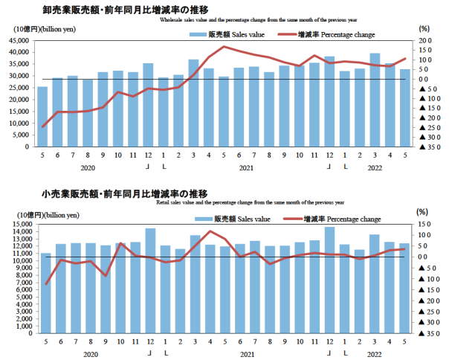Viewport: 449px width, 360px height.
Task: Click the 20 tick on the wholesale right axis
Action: tap(424, 40)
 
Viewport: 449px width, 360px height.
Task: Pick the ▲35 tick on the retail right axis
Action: tap(424, 333)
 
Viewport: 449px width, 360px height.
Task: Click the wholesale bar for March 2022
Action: tap(375, 100)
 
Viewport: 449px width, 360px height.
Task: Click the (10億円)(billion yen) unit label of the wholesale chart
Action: tap(43, 28)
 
